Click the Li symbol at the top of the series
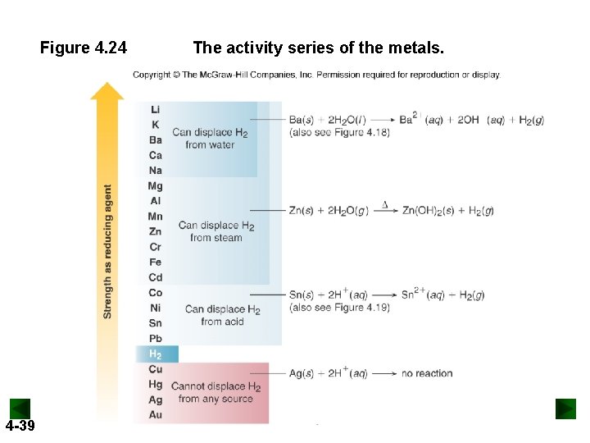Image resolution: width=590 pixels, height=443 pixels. [155, 109]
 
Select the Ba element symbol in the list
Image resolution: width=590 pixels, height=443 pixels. [155, 139]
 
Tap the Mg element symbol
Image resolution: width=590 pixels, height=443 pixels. [155, 185]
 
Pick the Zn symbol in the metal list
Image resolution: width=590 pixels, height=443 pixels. [155, 231]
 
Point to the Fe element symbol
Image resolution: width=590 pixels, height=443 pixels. [155, 262]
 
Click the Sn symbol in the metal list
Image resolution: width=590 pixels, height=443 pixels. [155, 323]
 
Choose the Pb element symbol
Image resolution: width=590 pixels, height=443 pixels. [155, 338]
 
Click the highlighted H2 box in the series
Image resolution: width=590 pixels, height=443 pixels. [156, 354]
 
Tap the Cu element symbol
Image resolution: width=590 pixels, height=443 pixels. [155, 369]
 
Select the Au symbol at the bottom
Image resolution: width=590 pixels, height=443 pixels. [155, 415]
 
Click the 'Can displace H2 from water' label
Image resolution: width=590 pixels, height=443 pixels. [210, 138]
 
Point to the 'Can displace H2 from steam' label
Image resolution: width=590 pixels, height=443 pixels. [216, 231]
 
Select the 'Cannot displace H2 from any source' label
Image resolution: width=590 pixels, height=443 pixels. [216, 392]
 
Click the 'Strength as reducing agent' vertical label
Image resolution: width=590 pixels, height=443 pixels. [107, 250]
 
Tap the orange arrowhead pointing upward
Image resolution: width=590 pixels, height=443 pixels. [107, 90]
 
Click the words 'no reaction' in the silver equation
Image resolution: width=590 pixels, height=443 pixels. [427, 373]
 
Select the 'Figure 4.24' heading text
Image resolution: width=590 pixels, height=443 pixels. [84, 48]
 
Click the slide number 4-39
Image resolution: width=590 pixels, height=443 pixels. [20, 426]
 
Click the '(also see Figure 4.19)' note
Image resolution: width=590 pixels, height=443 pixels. [339, 308]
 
